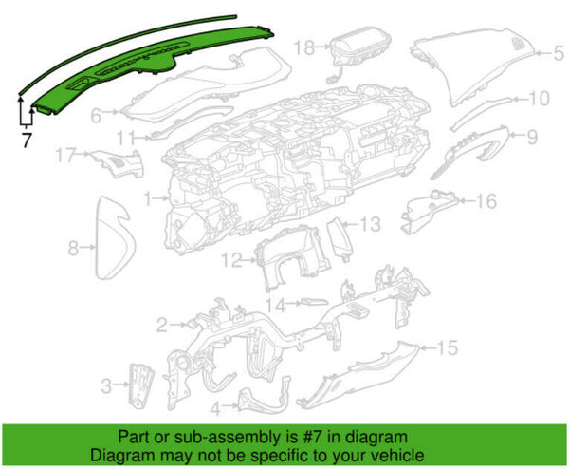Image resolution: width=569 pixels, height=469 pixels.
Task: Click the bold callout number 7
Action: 27,141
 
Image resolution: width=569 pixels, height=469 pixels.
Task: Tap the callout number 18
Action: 304,47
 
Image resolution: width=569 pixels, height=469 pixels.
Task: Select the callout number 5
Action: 559,53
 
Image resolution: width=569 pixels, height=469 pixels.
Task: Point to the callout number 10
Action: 540,99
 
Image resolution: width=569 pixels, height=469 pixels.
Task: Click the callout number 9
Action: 532,137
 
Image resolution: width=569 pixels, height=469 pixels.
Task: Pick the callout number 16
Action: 486,201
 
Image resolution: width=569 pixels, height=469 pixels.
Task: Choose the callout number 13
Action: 370,224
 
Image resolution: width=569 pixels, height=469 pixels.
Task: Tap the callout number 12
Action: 232,260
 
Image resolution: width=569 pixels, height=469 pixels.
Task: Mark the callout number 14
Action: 276,305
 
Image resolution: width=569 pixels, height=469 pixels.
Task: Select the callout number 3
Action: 106,385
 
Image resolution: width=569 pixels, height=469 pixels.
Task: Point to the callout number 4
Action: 215,408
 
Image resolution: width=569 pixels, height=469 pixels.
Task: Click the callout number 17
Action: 66,155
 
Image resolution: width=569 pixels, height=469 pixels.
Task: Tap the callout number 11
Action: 126,138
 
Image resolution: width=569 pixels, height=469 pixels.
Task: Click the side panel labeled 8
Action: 113,238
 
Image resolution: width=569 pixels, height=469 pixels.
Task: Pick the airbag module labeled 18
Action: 361,45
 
